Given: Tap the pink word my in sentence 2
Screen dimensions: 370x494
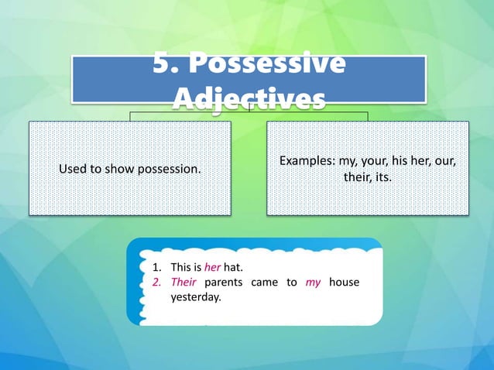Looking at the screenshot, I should click(x=313, y=283).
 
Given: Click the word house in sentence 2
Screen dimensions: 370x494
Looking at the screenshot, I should click(x=344, y=283).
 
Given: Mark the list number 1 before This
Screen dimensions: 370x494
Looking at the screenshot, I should click(x=155, y=269).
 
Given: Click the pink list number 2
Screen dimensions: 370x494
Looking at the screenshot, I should click(x=155, y=283).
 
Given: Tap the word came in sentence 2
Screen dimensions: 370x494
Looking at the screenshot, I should click(x=265, y=283).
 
